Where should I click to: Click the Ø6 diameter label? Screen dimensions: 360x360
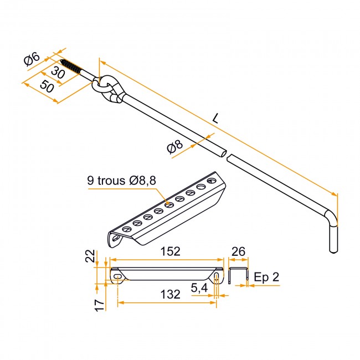32,59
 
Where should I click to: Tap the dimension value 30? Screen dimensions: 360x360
58,72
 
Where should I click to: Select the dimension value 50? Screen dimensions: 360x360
47,86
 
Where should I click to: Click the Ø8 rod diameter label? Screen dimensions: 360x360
175,146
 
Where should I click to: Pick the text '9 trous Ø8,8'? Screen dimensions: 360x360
122,181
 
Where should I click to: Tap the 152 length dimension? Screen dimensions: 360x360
170,251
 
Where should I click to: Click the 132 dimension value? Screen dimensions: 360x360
170,294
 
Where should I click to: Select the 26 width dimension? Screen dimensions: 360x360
239,251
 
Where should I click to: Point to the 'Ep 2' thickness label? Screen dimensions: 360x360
266,277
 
